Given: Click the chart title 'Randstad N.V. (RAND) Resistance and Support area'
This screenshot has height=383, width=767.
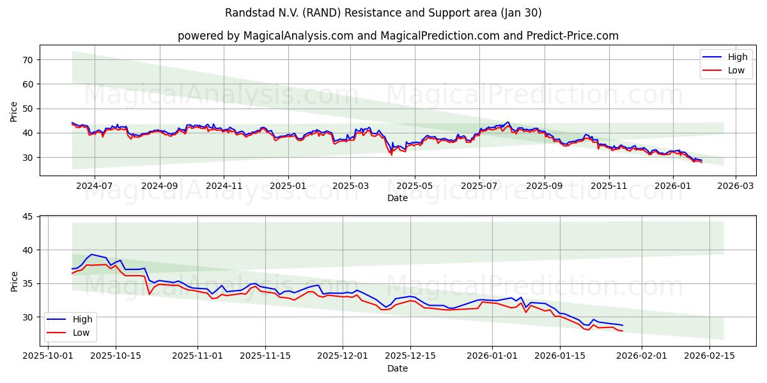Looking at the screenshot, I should pos(383,13).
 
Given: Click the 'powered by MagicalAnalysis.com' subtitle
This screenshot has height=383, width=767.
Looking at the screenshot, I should pos(398,36).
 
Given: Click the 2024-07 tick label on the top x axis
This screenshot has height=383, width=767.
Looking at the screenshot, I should pos(95,186).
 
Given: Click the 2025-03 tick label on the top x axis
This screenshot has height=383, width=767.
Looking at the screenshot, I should pos(350,186).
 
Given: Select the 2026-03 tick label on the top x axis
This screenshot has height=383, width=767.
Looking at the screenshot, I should pos(735,186).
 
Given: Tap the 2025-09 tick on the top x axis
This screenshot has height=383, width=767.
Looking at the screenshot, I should pos(545,186).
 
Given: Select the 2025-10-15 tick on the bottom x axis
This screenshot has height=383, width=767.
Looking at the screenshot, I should pos(116,355).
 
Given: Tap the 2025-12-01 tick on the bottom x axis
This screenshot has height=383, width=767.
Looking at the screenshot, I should pos(343,355).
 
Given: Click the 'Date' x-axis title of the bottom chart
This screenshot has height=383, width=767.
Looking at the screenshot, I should pos(398,368).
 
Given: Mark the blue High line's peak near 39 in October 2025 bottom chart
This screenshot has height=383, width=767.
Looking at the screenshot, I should pos(91,254).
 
